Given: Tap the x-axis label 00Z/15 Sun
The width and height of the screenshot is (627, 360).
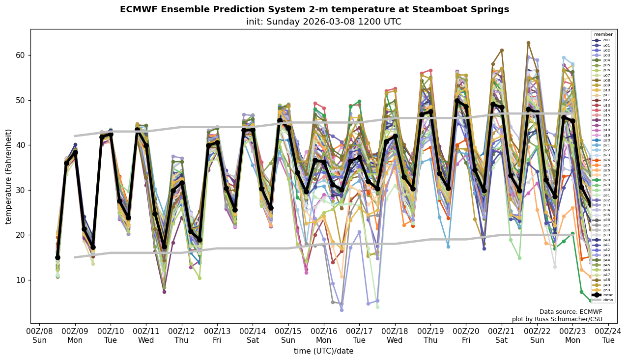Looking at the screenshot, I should coord(288,336).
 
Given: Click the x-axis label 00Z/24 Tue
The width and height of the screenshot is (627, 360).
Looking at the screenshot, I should coord(608,336).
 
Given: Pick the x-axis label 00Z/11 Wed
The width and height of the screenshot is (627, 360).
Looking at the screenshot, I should coord(146,336).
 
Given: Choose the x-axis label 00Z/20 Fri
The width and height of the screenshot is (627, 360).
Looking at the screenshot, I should coord(466,336).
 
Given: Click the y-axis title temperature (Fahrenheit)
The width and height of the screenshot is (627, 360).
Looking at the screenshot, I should coord(9,176).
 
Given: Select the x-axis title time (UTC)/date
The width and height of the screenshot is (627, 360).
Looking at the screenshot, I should coord(323,351).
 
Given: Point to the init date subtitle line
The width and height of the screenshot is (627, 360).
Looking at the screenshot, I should coord(323,22).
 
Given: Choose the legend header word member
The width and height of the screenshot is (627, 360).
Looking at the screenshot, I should coord(603,34).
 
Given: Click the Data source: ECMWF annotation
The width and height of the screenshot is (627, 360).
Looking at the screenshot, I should coord(570,312).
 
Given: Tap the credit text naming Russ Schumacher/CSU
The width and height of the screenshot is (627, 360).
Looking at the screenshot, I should coord(557,319).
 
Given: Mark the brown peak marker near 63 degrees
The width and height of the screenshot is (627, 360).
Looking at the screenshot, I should coord(528,43).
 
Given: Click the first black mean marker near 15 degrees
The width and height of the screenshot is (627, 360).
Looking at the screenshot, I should coord(57,257).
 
